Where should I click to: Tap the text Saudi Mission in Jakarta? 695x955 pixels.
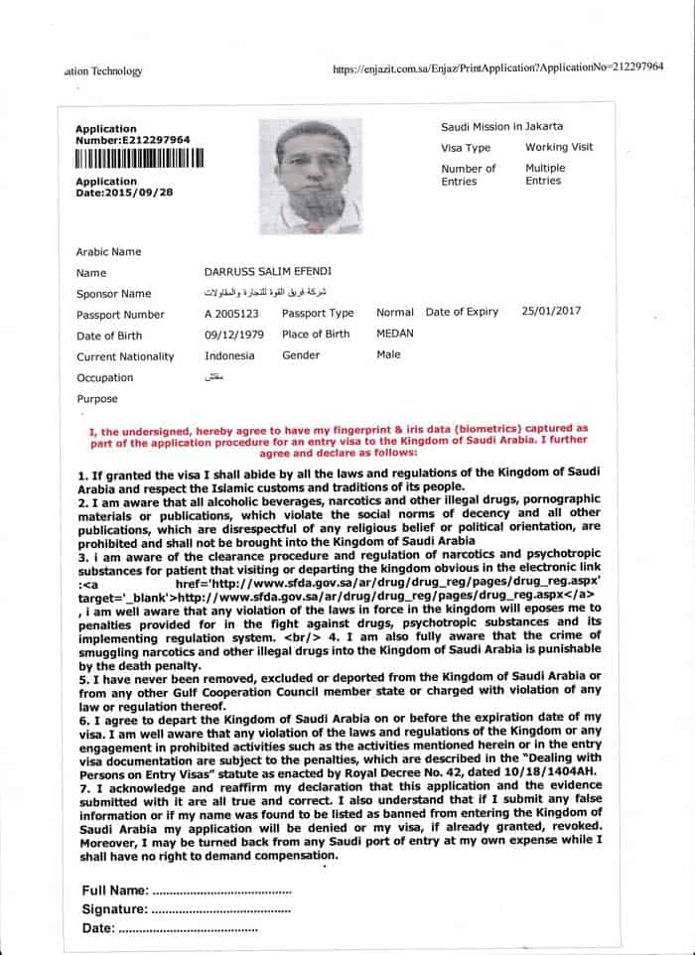pos(501,126)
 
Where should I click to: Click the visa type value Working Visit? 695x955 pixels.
pos(559,147)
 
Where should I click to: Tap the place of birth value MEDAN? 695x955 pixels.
pos(395,335)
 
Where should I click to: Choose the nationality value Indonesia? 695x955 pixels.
pos(229,355)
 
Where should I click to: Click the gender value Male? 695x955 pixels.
pos(388,355)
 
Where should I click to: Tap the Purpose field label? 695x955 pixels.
pos(98,399)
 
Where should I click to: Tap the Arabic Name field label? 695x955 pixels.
pos(108,252)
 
